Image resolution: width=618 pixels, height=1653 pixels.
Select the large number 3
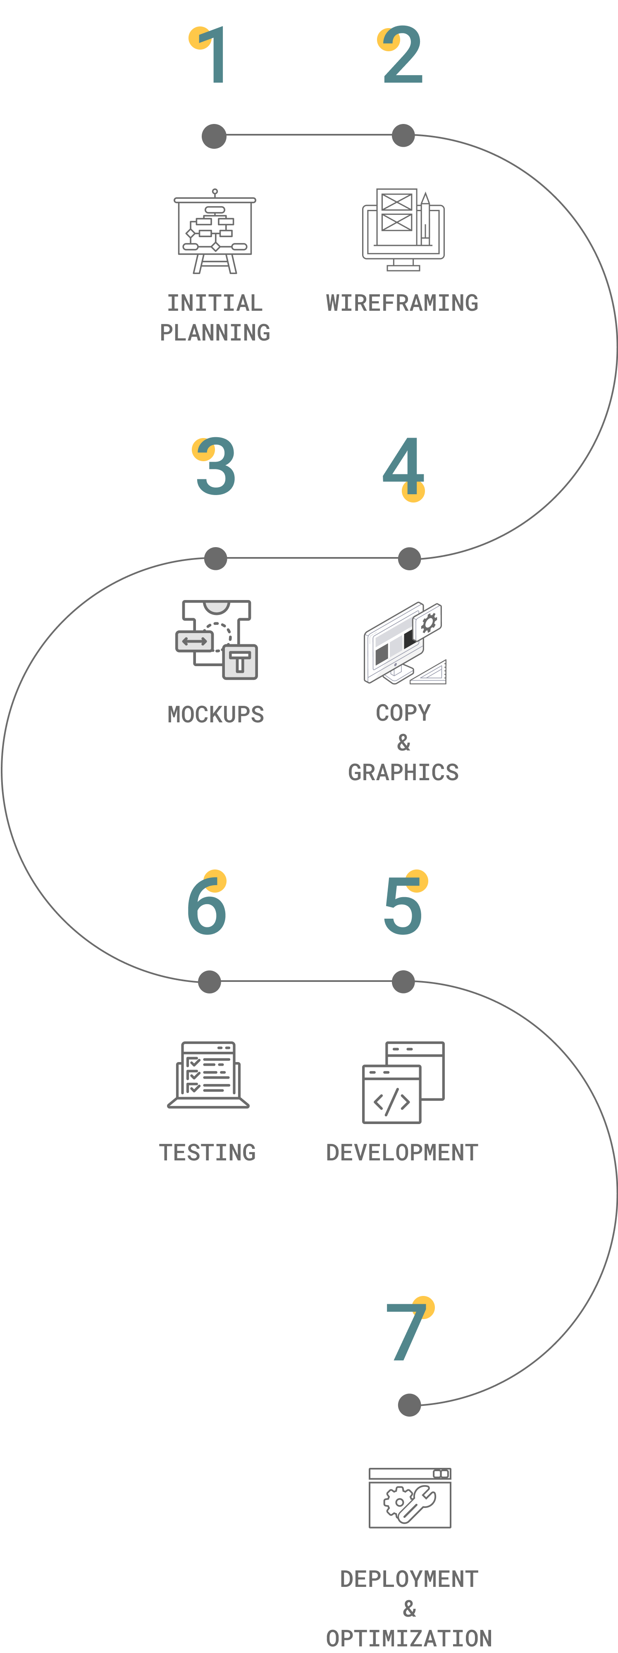point(215,467)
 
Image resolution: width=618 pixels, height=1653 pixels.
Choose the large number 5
point(403,905)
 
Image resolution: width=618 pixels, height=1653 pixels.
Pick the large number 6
point(207,905)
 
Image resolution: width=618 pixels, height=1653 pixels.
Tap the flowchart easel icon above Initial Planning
point(215,232)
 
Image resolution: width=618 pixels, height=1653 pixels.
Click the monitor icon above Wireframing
point(403,229)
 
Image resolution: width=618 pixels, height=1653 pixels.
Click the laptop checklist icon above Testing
point(208,1075)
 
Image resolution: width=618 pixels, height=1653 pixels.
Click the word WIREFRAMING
point(402,303)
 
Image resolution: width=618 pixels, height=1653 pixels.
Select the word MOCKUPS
point(216,714)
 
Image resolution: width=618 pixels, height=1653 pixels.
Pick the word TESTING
point(207,1153)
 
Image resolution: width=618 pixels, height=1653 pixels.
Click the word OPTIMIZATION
point(409,1638)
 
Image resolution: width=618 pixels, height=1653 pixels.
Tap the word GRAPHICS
point(403,772)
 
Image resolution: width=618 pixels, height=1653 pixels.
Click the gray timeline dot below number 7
point(409,1405)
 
